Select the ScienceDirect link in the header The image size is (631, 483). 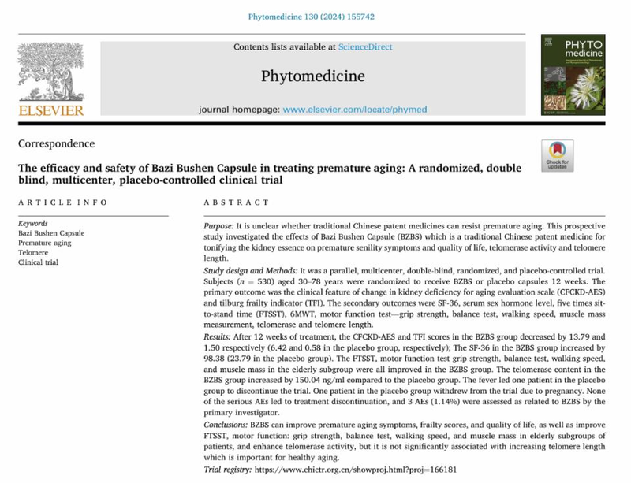click(365, 47)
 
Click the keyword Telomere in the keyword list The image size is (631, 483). click(34, 253)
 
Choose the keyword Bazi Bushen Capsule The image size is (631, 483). click(50, 233)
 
